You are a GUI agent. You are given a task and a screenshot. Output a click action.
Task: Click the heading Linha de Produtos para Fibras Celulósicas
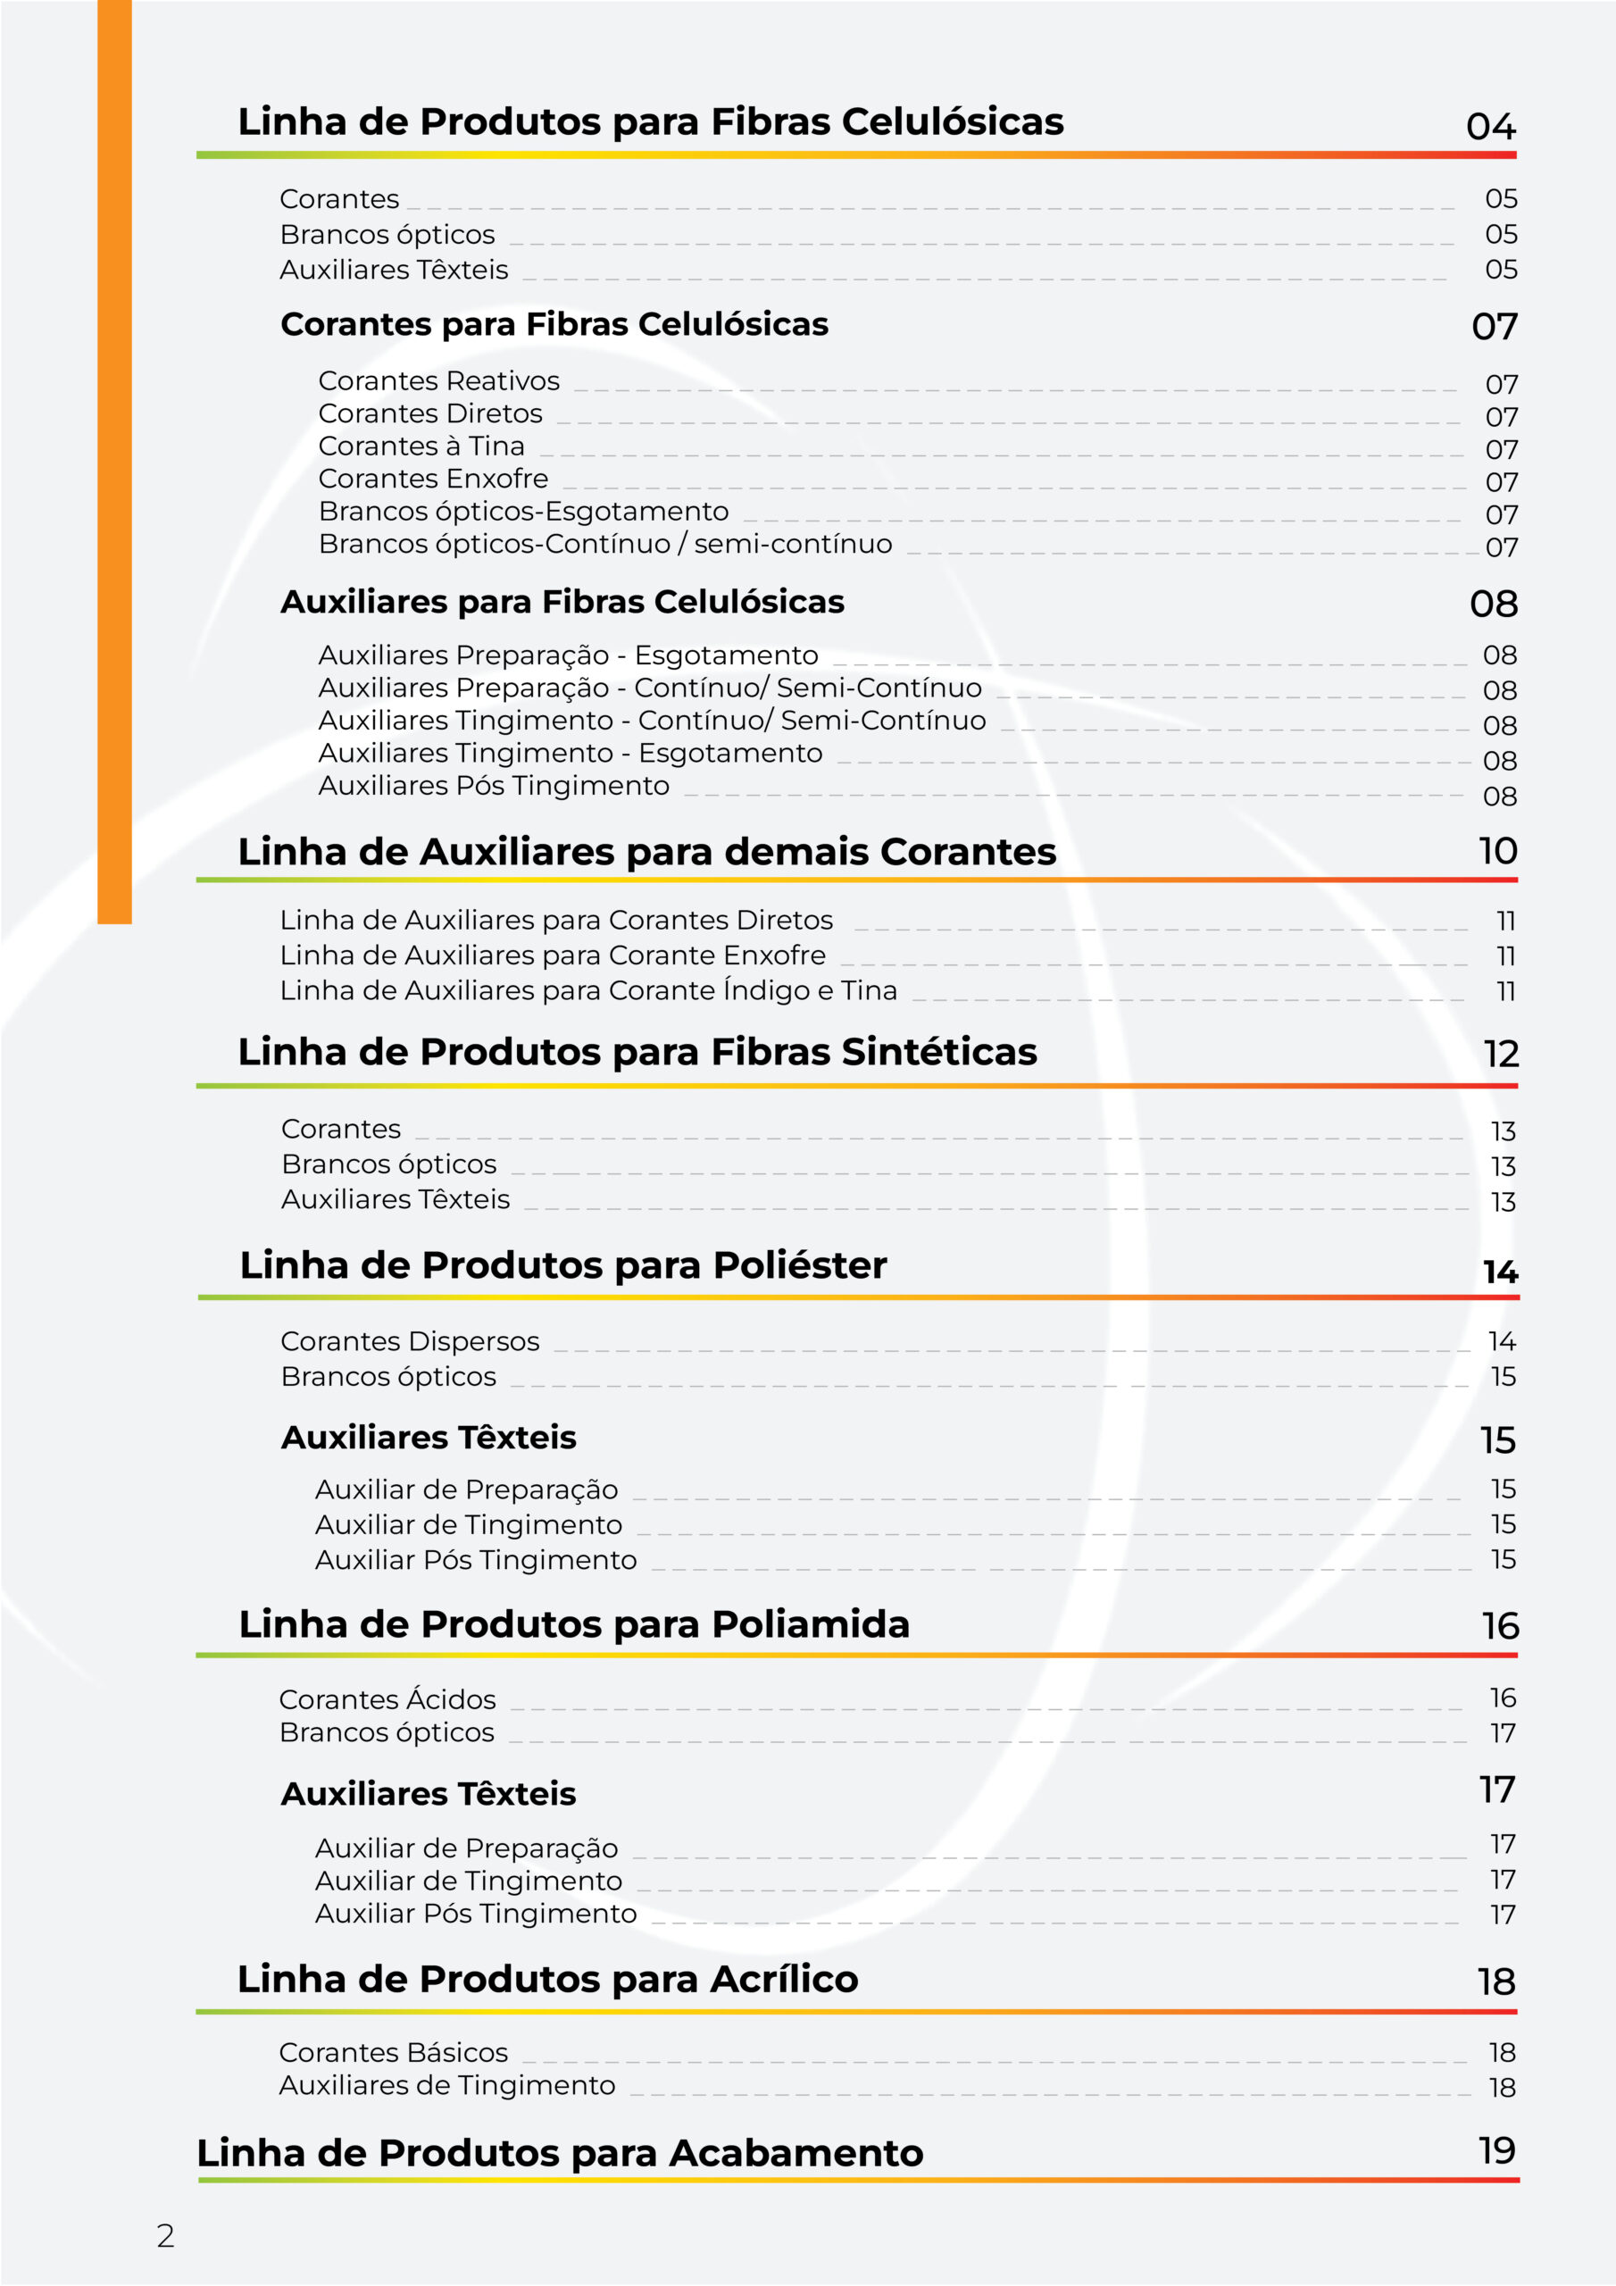tap(650, 122)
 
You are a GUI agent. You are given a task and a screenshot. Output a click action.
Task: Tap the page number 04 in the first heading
tap(1489, 128)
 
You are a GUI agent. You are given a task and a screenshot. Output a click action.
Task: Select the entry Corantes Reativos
tap(438, 381)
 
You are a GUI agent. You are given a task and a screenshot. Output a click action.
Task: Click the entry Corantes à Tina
tap(421, 446)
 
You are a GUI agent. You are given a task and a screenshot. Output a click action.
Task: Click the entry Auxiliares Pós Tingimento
tap(493, 786)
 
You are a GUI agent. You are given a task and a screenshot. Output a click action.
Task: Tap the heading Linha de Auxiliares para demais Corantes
tap(646, 852)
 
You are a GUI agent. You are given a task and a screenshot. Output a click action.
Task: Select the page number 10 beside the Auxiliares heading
tap(1496, 851)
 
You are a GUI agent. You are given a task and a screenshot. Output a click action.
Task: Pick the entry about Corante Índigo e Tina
tap(587, 990)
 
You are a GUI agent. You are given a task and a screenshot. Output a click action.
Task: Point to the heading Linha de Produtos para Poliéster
tap(562, 1265)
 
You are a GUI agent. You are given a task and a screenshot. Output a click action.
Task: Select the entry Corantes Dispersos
tap(409, 1341)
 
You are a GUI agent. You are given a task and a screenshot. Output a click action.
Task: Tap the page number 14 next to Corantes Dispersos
tap(1502, 1341)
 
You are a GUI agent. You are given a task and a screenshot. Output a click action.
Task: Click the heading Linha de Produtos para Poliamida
tap(573, 1624)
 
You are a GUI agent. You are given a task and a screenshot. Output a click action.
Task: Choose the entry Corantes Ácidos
tap(387, 1698)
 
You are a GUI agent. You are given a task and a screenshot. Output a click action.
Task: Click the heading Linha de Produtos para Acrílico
tap(547, 1978)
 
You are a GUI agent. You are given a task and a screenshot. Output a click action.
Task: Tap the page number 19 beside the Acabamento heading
tap(1496, 2150)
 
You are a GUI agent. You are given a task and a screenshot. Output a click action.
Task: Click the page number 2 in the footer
tap(165, 2236)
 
